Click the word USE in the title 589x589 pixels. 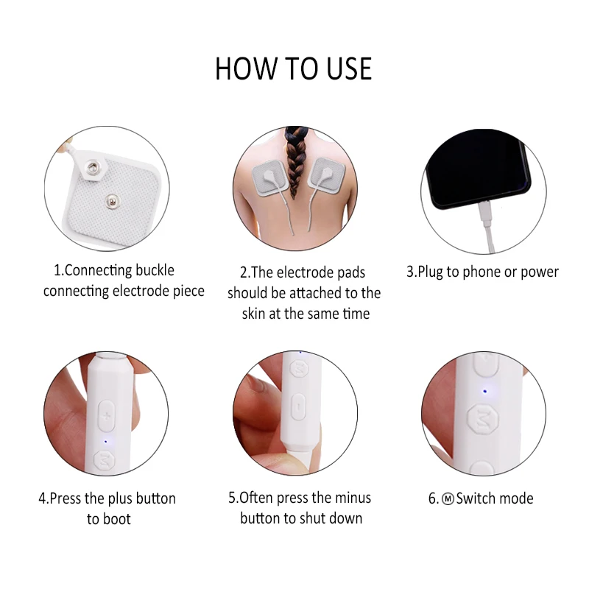349,68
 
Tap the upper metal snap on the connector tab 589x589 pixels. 93,167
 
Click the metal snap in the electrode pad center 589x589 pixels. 111,201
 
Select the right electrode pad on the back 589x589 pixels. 326,175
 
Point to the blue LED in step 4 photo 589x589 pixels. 105,441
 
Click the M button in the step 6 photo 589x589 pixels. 483,419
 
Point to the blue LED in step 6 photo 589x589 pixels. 484,392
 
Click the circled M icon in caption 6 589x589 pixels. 448,498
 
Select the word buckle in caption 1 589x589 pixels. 155,270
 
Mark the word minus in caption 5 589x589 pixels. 353,498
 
